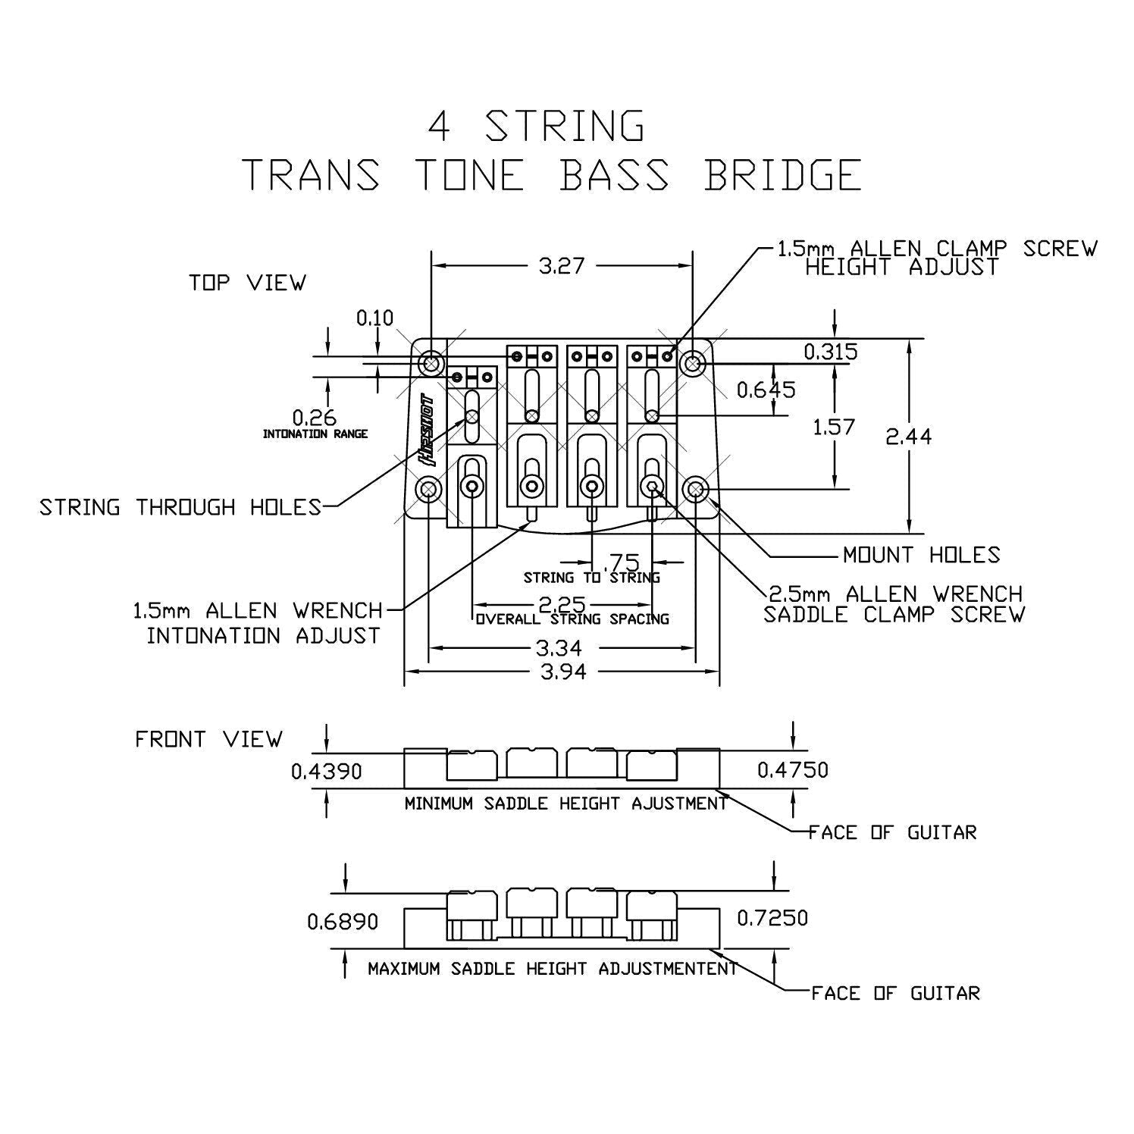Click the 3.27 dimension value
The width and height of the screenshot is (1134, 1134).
pos(562,265)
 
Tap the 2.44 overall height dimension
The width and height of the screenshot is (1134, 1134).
pos(909,437)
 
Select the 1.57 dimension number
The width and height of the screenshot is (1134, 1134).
pos(834,427)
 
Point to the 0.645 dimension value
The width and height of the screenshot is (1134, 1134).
pos(766,390)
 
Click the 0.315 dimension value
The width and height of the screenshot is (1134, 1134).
pos(831,352)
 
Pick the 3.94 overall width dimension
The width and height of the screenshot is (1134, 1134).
pos(562,671)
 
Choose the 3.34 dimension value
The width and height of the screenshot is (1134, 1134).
pos(562,648)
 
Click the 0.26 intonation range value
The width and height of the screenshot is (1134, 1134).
pos(315,418)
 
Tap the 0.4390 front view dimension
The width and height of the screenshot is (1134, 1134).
pos(327,771)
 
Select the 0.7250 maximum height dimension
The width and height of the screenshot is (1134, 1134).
pos(772,918)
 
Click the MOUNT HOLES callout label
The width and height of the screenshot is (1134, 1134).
pos(921,555)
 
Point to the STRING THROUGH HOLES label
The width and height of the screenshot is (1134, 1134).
pos(180,507)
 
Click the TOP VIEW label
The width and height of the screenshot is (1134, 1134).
pos(247,283)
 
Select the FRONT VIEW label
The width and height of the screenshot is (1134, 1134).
pos(208,739)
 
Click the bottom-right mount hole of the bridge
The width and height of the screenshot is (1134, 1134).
pos(694,490)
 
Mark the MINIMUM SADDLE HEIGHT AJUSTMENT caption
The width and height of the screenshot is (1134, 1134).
pos(565,804)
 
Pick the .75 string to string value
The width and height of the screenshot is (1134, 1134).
pos(623,562)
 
